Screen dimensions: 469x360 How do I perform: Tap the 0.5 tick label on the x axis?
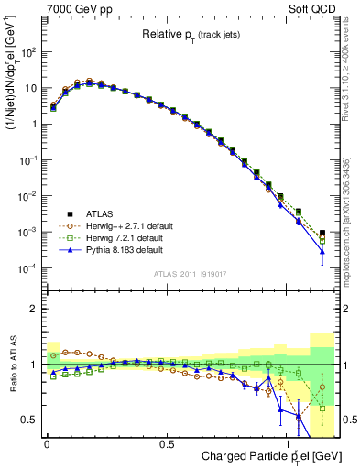pyautogui.click(x=167, y=444)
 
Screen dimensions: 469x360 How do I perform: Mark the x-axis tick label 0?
pyautogui.click(x=47, y=444)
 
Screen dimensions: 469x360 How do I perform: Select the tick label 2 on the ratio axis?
pyautogui.click(x=34, y=309)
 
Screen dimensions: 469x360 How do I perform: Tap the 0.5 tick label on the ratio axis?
pyautogui.click(x=29, y=420)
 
